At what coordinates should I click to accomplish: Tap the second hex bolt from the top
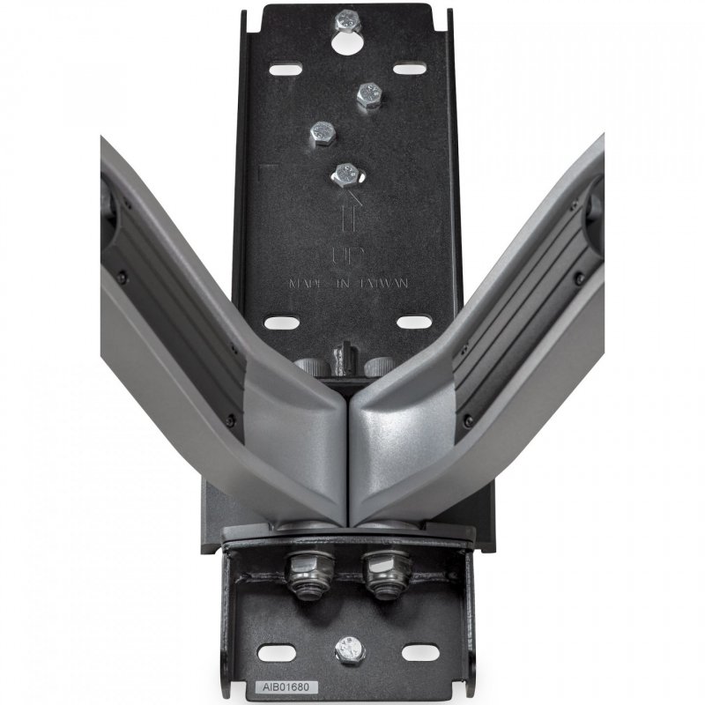368,94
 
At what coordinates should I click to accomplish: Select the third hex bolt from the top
323,132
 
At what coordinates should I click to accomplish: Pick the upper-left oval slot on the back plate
284,69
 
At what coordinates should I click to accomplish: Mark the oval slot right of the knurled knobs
413,323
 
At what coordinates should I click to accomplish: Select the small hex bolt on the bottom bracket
350,651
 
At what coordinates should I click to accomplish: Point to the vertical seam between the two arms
350,458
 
